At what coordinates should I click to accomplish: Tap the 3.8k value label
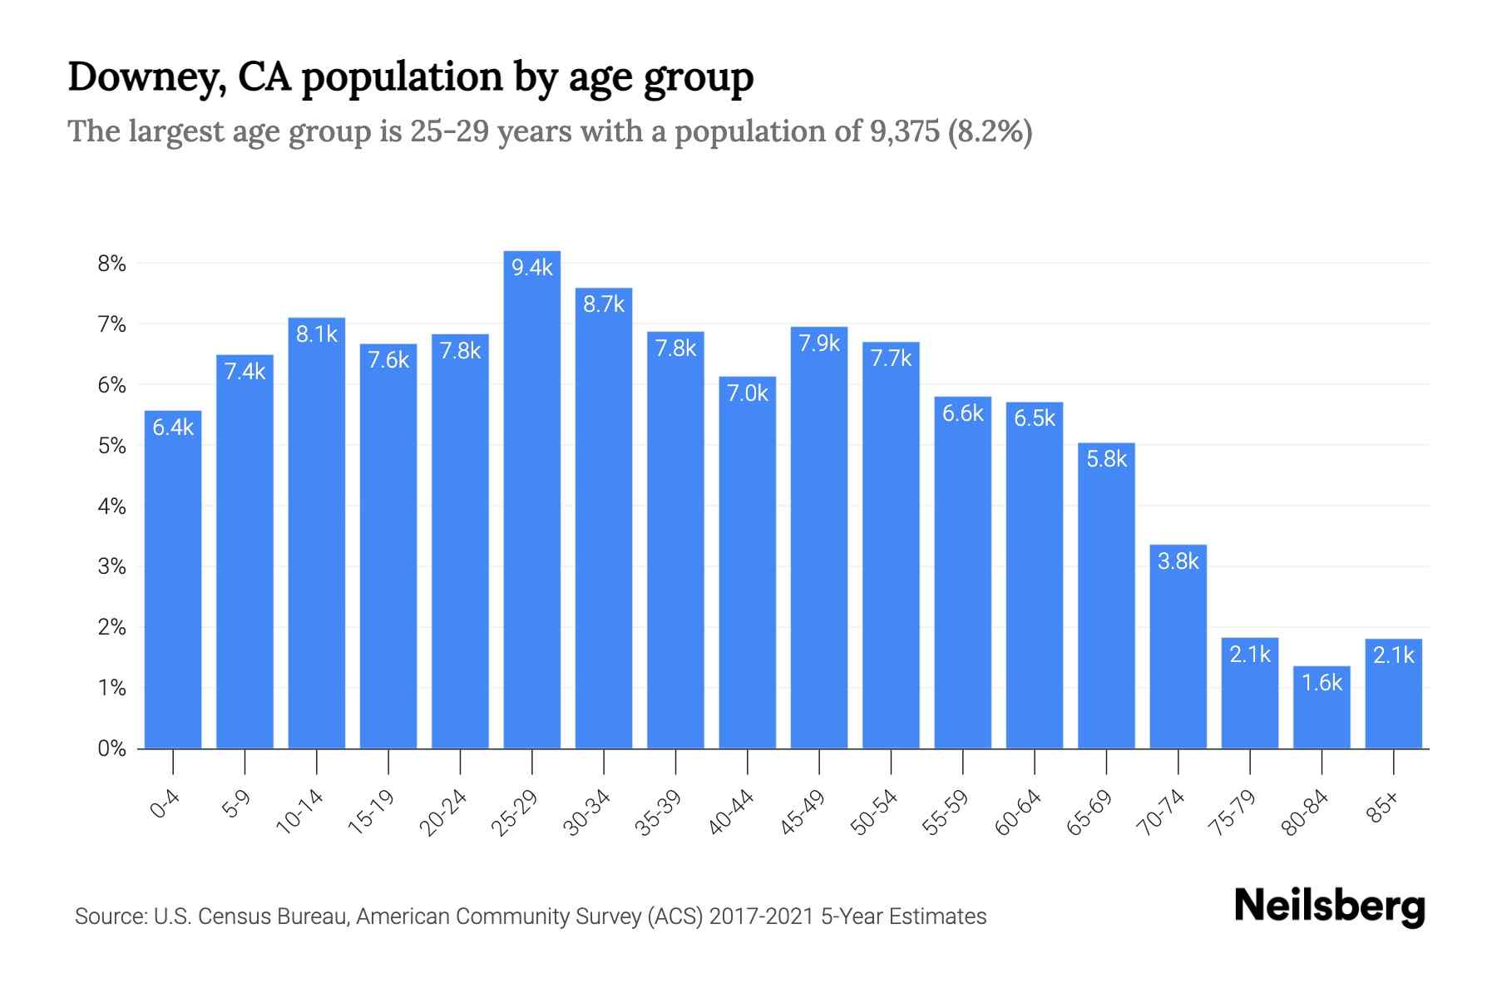click(x=1178, y=561)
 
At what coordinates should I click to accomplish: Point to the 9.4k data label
click(x=531, y=268)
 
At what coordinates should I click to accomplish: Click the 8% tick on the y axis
click(x=111, y=264)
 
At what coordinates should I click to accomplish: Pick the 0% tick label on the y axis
click(x=111, y=748)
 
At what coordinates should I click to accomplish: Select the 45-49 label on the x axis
click(x=803, y=812)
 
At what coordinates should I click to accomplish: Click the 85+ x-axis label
click(x=1383, y=808)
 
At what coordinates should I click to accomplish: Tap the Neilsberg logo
click(x=1329, y=907)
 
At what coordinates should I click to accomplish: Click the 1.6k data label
click(x=1322, y=683)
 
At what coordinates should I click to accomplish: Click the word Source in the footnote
click(x=109, y=916)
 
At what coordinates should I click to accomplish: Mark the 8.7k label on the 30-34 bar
click(x=604, y=304)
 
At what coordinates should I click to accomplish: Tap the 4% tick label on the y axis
click(x=111, y=506)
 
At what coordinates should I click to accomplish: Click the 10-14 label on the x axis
click(x=299, y=812)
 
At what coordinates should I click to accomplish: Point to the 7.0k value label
click(x=747, y=393)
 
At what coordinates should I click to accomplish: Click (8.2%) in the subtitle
click(x=990, y=131)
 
